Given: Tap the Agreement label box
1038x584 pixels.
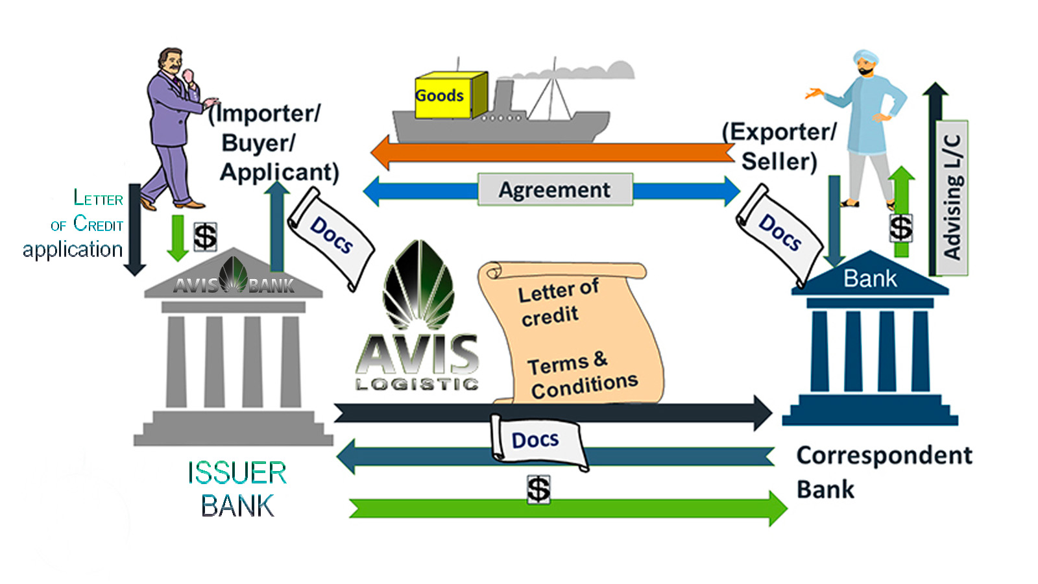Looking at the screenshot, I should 555,189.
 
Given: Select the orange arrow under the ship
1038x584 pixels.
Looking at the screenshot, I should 551,153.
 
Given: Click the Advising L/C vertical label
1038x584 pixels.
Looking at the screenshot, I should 952,197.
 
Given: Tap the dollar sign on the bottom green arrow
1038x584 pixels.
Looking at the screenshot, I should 538,489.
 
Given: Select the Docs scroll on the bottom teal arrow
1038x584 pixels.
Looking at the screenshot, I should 537,441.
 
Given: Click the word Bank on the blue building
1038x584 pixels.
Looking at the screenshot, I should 870,279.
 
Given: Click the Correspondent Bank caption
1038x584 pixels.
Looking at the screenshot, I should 884,472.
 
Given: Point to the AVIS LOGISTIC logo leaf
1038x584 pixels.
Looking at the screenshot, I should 418,286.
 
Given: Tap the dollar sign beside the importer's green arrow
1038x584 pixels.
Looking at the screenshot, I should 205,236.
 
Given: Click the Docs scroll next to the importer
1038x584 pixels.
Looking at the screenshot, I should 331,236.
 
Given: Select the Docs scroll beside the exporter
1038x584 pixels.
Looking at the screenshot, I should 779,234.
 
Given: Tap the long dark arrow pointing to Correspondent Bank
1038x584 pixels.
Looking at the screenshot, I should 551,413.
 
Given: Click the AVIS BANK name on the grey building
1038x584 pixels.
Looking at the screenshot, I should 234,285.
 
